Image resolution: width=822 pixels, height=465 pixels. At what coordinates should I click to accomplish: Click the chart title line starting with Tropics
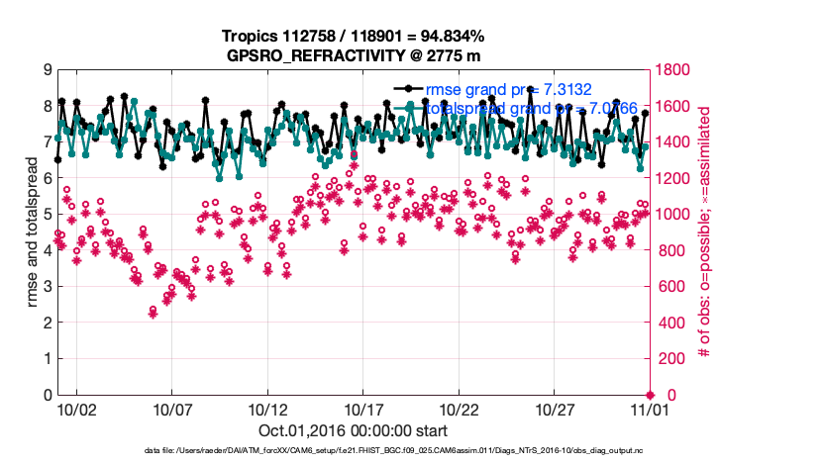pos(353,36)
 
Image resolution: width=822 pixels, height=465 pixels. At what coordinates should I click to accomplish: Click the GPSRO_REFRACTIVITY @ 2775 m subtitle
pos(353,54)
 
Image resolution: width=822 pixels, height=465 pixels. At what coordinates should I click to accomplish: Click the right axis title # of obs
pos(705,232)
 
